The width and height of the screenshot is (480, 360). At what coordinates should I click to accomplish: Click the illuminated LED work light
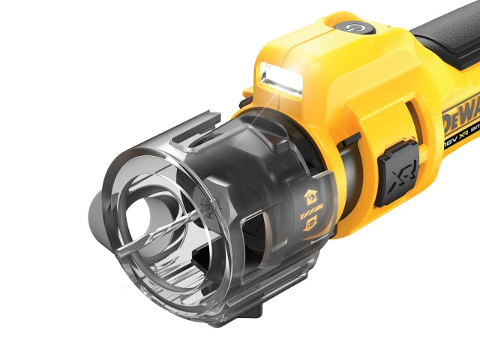coord(280,79)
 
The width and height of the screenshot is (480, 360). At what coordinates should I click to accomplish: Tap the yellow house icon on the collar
coord(308,197)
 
